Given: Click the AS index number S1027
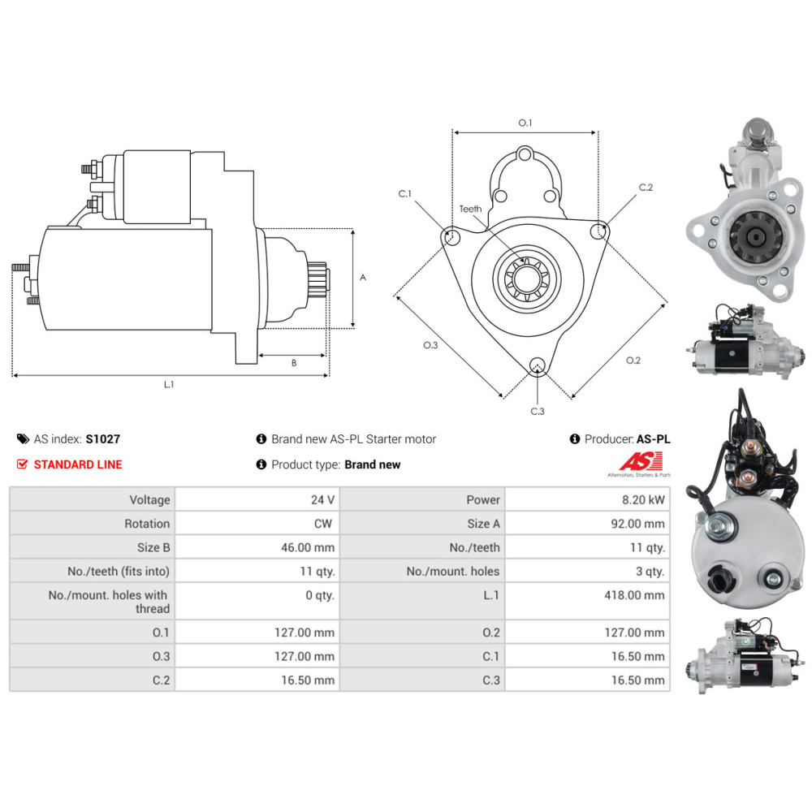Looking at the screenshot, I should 102,439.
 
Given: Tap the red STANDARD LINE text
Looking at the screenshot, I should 78,464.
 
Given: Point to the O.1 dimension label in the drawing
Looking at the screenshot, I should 525,123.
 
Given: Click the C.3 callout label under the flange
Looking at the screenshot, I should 538,411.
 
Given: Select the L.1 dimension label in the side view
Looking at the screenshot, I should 169,384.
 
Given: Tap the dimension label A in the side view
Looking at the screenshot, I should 363,278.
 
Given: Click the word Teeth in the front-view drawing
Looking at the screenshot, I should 470,209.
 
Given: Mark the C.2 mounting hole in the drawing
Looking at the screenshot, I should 600,231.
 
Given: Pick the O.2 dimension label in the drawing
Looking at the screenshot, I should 633,361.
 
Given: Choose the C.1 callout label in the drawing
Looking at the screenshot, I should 404,193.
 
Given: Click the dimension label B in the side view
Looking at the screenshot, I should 293,363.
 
